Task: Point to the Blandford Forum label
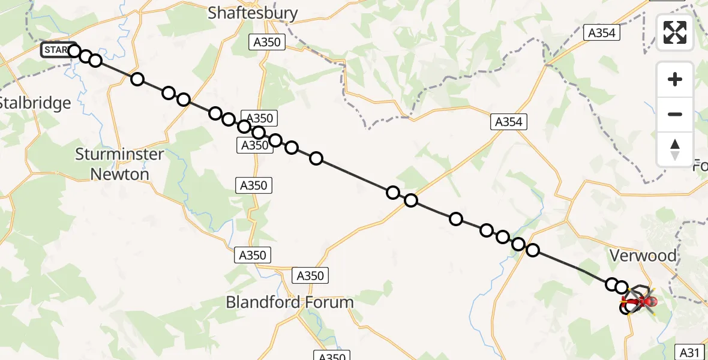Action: (290, 302)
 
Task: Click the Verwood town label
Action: (643, 256)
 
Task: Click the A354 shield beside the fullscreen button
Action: (601, 33)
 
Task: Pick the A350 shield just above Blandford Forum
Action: (310, 275)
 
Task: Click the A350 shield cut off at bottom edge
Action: (331, 356)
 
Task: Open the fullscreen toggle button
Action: (675, 32)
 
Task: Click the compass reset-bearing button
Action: (675, 149)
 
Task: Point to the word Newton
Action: (119, 174)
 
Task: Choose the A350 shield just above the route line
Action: (257, 118)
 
